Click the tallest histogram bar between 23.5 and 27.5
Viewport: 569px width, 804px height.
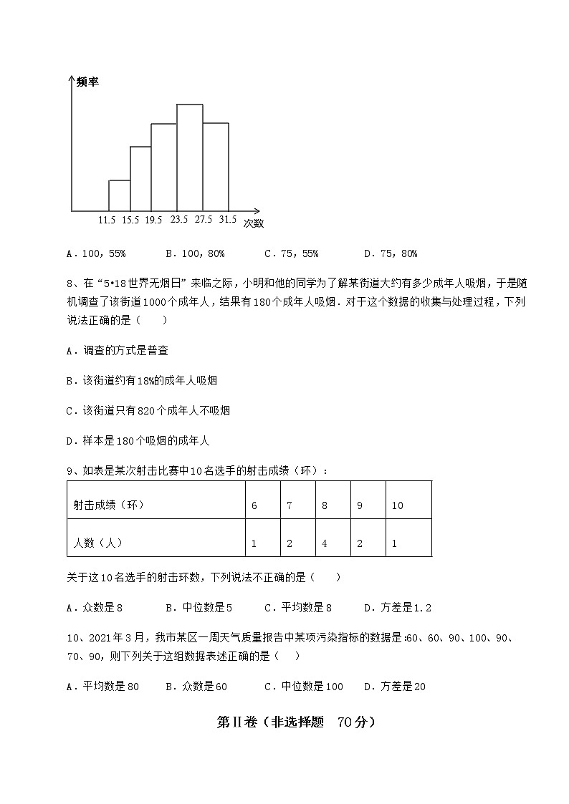click(x=189, y=158)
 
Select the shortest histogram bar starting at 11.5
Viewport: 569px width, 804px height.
click(x=119, y=195)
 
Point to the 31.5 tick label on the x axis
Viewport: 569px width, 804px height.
click(x=228, y=220)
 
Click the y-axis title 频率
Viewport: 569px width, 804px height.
click(x=87, y=82)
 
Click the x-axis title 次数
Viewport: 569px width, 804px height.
click(x=253, y=223)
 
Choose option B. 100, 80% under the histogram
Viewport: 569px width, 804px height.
click(x=195, y=253)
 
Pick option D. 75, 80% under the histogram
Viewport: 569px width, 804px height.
click(x=391, y=253)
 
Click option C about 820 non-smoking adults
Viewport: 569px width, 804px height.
click(x=148, y=410)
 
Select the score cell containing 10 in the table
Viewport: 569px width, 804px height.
click(x=397, y=505)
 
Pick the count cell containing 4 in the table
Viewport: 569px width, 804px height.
click(x=325, y=543)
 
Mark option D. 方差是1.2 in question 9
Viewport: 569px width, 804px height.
click(x=397, y=608)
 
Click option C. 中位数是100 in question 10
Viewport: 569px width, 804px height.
click(x=304, y=687)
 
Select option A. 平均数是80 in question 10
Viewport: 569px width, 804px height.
click(x=102, y=687)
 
